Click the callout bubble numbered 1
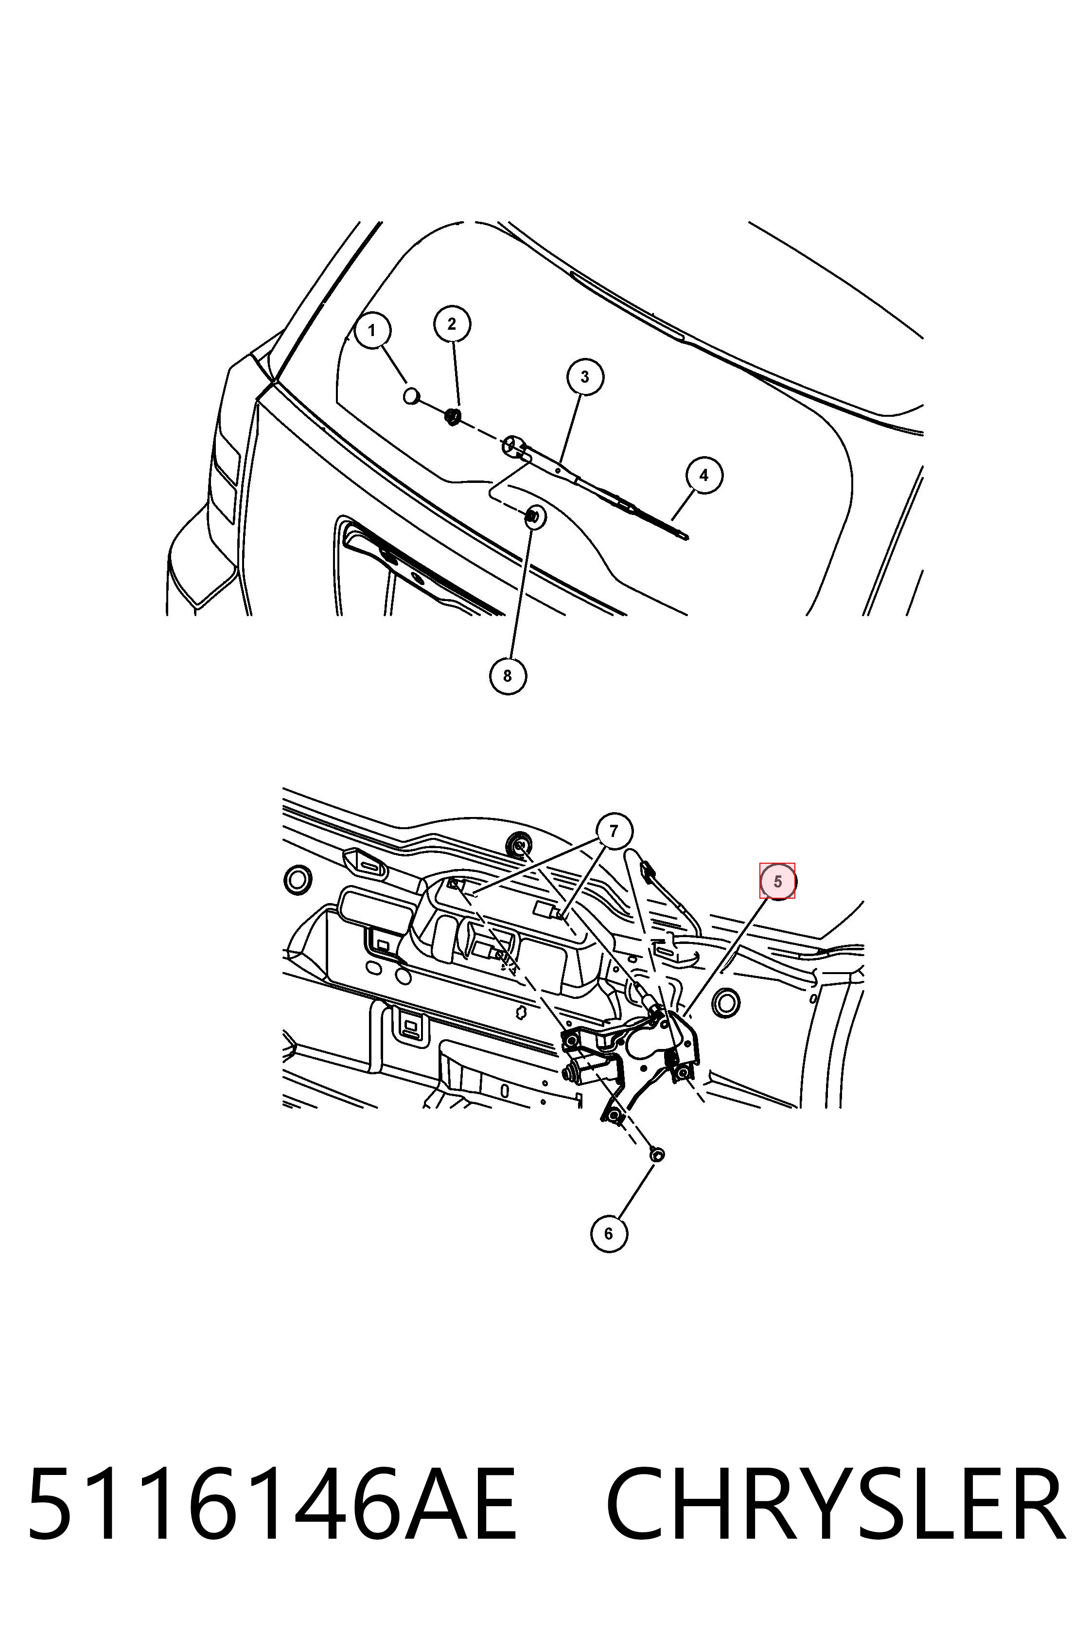372,330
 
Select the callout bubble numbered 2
452,324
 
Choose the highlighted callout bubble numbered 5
777,881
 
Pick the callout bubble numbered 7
613,831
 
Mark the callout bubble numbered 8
508,675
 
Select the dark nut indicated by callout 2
452,417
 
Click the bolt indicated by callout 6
656,1154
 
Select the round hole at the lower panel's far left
298,880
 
